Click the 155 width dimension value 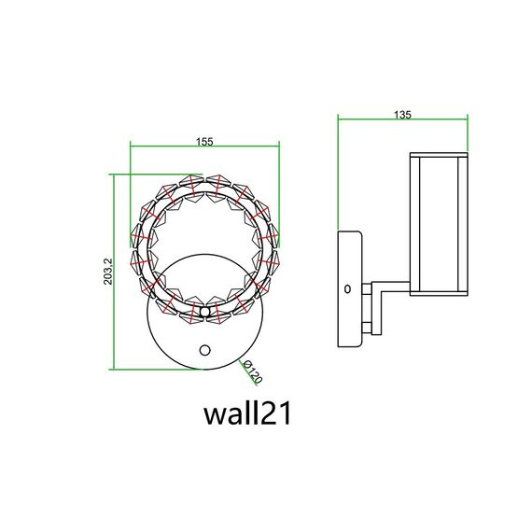[205, 141]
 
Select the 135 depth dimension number [403, 114]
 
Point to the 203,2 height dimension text [108, 271]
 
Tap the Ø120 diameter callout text [252, 373]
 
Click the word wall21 [248, 413]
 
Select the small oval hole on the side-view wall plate [347, 289]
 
